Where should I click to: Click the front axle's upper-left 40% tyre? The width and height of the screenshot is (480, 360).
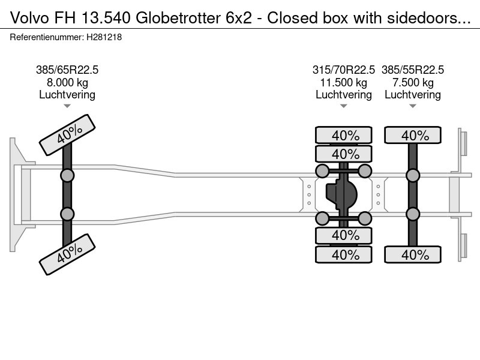point(67,136)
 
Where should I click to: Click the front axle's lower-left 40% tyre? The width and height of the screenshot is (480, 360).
point(67,254)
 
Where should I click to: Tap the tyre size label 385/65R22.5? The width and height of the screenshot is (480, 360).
point(67,70)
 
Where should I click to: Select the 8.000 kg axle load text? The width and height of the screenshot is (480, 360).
point(67,82)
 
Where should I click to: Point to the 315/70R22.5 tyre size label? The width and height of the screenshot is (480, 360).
point(344,70)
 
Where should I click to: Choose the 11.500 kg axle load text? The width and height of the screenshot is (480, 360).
point(344,82)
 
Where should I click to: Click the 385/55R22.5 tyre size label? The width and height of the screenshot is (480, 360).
point(413,70)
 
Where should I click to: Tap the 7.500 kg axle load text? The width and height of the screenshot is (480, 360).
point(413,82)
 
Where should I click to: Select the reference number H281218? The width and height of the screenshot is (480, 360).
point(104,37)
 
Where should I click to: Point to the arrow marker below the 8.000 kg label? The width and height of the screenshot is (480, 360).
point(67,106)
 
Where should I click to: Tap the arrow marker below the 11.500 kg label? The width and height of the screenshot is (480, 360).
point(344,106)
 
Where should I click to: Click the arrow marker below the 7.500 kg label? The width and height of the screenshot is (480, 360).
point(413,106)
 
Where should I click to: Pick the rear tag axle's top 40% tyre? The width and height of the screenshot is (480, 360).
point(413,136)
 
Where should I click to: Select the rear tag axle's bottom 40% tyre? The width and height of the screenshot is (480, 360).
point(413,254)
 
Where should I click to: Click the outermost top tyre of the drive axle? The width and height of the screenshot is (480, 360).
point(344,136)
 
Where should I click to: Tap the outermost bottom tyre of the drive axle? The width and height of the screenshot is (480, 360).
point(344,254)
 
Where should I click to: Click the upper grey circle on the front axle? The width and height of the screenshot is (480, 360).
point(67,175)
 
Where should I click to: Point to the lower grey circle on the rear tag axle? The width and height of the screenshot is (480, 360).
point(413,214)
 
